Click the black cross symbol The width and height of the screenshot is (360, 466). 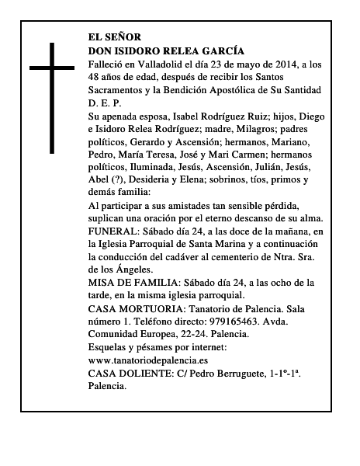pos(54,97)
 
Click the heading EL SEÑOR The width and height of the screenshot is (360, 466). pos(116,37)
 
